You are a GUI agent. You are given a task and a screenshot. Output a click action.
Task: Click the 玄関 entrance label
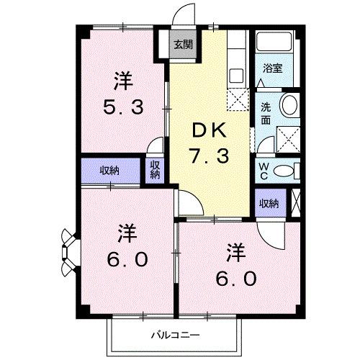[182, 44]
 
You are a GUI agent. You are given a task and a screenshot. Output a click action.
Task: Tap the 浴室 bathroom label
[271, 69]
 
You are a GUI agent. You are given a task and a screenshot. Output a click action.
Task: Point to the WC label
[264, 170]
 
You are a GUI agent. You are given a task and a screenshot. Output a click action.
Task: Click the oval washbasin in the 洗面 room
[290, 105]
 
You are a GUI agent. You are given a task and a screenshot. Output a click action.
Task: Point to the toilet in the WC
[286, 170]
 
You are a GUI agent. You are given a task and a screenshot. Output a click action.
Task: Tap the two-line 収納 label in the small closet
[156, 171]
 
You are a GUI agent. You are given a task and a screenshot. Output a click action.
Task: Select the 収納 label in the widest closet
[109, 171]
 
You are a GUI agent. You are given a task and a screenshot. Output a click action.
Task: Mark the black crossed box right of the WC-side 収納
[298, 202]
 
